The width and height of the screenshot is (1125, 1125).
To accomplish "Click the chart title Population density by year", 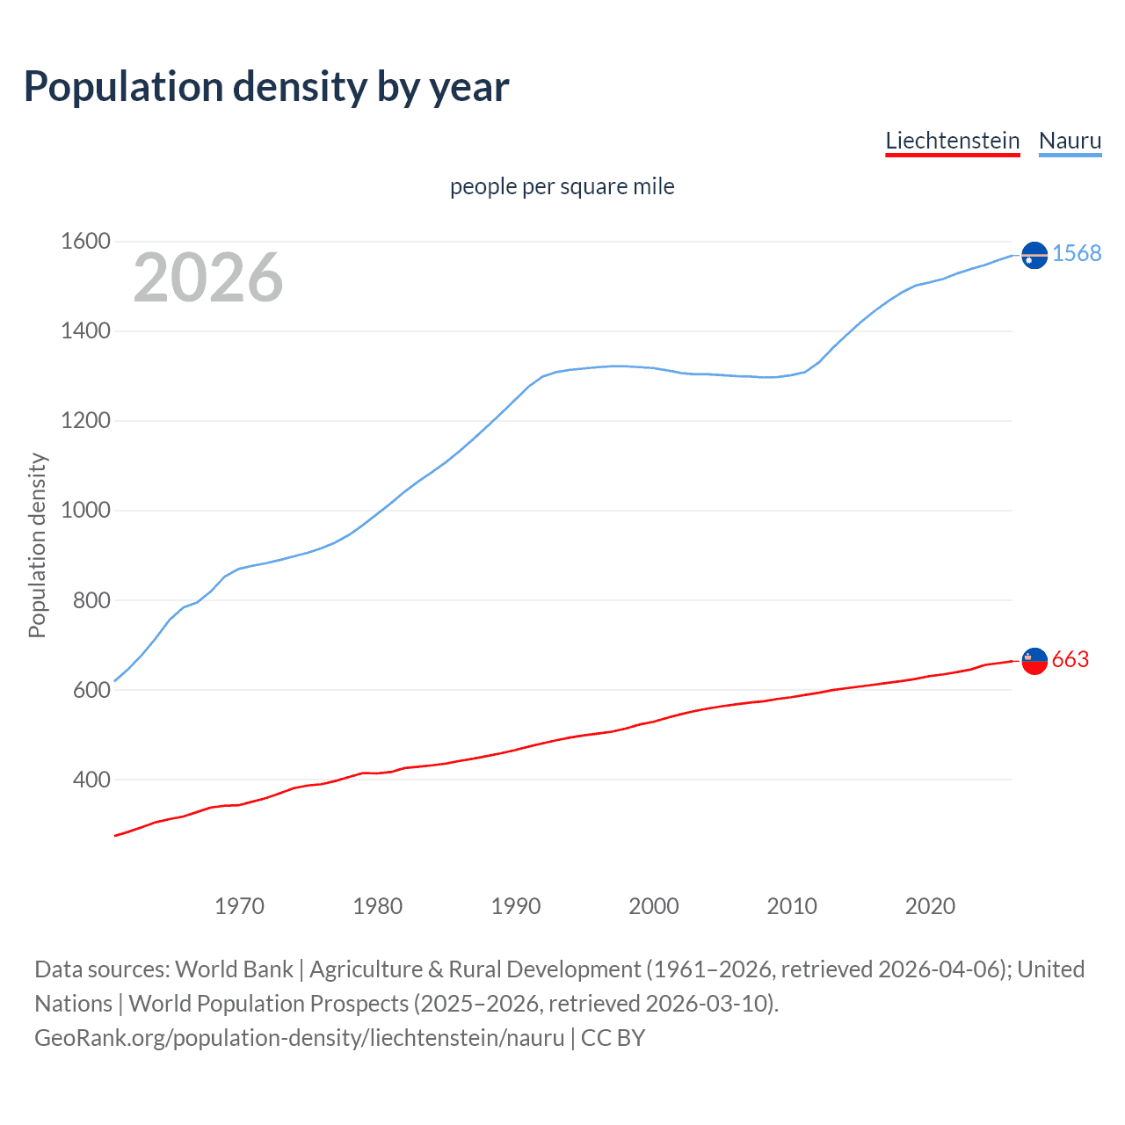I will (x=266, y=87).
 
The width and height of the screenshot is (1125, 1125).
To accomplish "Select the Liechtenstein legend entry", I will (x=952, y=141).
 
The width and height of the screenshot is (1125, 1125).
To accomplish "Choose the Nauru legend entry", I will (x=1070, y=141).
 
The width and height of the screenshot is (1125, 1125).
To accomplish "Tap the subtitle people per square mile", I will (x=562, y=186).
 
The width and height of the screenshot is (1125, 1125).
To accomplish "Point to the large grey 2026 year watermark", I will (x=208, y=278).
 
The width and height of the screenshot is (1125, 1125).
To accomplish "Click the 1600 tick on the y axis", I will (x=85, y=241).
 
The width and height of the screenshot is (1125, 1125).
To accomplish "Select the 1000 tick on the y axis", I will (x=85, y=510).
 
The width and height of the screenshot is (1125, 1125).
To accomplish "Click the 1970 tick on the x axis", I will (x=239, y=906).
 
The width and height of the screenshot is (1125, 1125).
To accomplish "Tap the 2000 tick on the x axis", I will (x=654, y=906).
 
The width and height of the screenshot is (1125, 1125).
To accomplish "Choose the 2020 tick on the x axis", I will (x=930, y=906).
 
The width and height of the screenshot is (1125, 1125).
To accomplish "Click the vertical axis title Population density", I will (x=37, y=545).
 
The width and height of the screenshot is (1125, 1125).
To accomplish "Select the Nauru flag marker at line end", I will (x=1034, y=255).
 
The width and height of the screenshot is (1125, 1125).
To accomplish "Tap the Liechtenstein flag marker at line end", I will (x=1034, y=661).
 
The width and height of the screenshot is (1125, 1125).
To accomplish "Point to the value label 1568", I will (x=1077, y=253).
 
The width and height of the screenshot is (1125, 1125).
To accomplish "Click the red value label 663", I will (x=1071, y=659).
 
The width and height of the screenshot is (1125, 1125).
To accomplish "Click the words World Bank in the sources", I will (x=234, y=969).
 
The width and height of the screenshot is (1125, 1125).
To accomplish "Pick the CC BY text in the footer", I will (x=613, y=1038).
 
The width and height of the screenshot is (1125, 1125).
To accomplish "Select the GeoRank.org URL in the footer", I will (x=299, y=1038).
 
